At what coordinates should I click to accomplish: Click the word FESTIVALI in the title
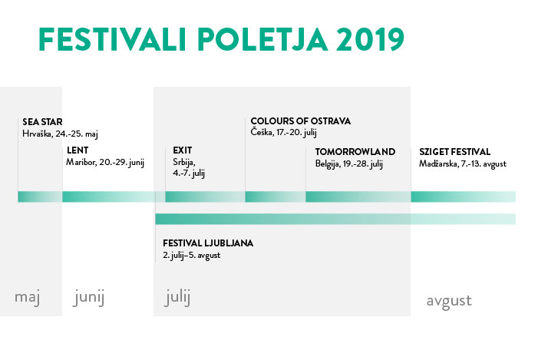[x=112, y=39]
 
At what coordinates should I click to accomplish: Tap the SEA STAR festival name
[x=42, y=122]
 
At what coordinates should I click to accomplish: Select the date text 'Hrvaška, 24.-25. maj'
[x=61, y=134]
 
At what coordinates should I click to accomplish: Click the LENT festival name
[x=78, y=150]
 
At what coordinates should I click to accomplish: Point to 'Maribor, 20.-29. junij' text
[x=105, y=162]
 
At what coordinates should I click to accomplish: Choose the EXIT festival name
[x=183, y=150]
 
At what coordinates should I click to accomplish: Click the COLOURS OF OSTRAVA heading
[x=301, y=121]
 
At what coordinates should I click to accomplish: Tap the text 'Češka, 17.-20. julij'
[x=284, y=133]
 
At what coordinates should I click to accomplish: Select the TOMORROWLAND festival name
[x=355, y=152]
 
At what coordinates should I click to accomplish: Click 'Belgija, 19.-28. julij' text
[x=349, y=163]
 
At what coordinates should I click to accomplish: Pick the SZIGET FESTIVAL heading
[x=454, y=152]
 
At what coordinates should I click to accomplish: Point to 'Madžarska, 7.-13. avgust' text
[x=463, y=163]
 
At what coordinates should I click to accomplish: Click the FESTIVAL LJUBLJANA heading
[x=208, y=243]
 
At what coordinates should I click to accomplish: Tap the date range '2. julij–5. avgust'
[x=191, y=256]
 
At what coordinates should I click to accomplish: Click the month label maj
[x=28, y=297]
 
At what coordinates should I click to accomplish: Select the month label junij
[x=89, y=297]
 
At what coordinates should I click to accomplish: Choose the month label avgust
[x=449, y=302]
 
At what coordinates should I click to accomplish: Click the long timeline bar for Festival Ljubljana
[x=335, y=219]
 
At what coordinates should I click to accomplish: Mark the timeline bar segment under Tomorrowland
[x=358, y=197]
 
